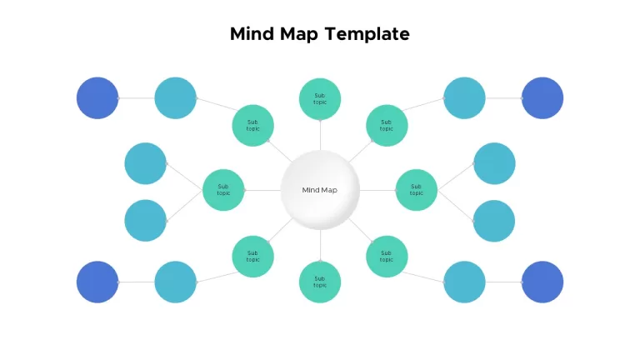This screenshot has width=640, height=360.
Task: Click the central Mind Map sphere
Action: [320, 190]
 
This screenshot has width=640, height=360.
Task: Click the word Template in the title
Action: [367, 34]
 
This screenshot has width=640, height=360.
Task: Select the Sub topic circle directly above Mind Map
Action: [320, 99]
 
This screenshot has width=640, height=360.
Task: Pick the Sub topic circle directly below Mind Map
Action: [320, 282]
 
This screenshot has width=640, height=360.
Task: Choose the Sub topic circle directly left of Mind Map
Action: [223, 190]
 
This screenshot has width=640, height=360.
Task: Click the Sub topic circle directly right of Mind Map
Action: [417, 190]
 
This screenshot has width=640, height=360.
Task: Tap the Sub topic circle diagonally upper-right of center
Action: [387, 125]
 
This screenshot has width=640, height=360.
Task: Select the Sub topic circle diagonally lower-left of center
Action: [253, 257]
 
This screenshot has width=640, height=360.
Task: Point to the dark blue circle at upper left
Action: [97, 98]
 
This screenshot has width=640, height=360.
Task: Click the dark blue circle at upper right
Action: [542, 98]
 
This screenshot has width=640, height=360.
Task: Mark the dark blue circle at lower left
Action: [97, 282]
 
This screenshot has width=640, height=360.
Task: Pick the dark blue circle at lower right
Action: [542, 282]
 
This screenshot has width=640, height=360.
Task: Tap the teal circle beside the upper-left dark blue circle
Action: [176, 98]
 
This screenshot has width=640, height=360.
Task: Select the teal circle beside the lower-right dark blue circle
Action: [464, 282]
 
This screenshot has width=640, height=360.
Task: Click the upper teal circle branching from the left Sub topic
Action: [145, 163]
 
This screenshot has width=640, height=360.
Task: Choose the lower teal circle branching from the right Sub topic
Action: [494, 221]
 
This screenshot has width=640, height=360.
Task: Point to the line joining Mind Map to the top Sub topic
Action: [320, 135]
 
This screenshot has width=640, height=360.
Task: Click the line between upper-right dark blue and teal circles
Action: [503, 98]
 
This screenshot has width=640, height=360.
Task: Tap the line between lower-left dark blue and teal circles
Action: [137, 282]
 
